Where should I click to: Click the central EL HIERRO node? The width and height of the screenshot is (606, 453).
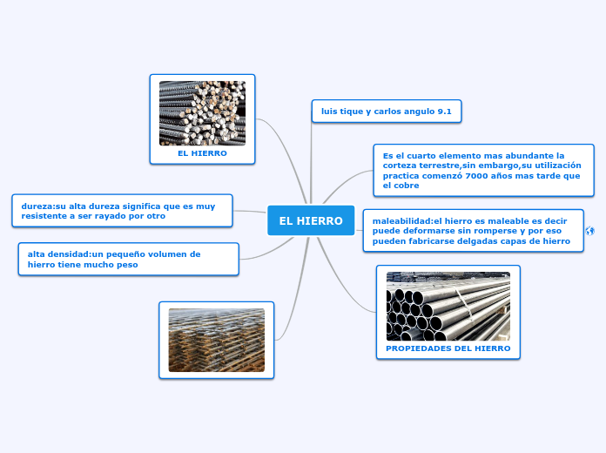pyautogui.click(x=311, y=220)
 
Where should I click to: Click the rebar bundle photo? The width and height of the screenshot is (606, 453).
pyautogui.click(x=202, y=113)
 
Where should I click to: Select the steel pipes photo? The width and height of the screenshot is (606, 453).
pyautogui.click(x=448, y=306)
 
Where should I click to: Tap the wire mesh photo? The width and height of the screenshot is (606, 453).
pyautogui.click(x=217, y=340)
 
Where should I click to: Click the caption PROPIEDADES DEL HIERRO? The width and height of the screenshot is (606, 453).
pyautogui.click(x=448, y=348)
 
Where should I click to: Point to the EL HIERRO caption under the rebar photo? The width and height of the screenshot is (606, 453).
pyautogui.click(x=202, y=153)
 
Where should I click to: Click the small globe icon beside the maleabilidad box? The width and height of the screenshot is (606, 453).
pyautogui.click(x=589, y=231)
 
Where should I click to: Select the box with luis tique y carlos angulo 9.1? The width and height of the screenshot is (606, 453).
pyautogui.click(x=387, y=112)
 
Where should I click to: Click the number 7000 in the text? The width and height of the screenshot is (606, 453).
pyautogui.click(x=477, y=176)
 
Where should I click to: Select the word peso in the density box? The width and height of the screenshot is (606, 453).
pyautogui.click(x=127, y=265)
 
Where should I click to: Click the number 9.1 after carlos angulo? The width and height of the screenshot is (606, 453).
pyautogui.click(x=444, y=112)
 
